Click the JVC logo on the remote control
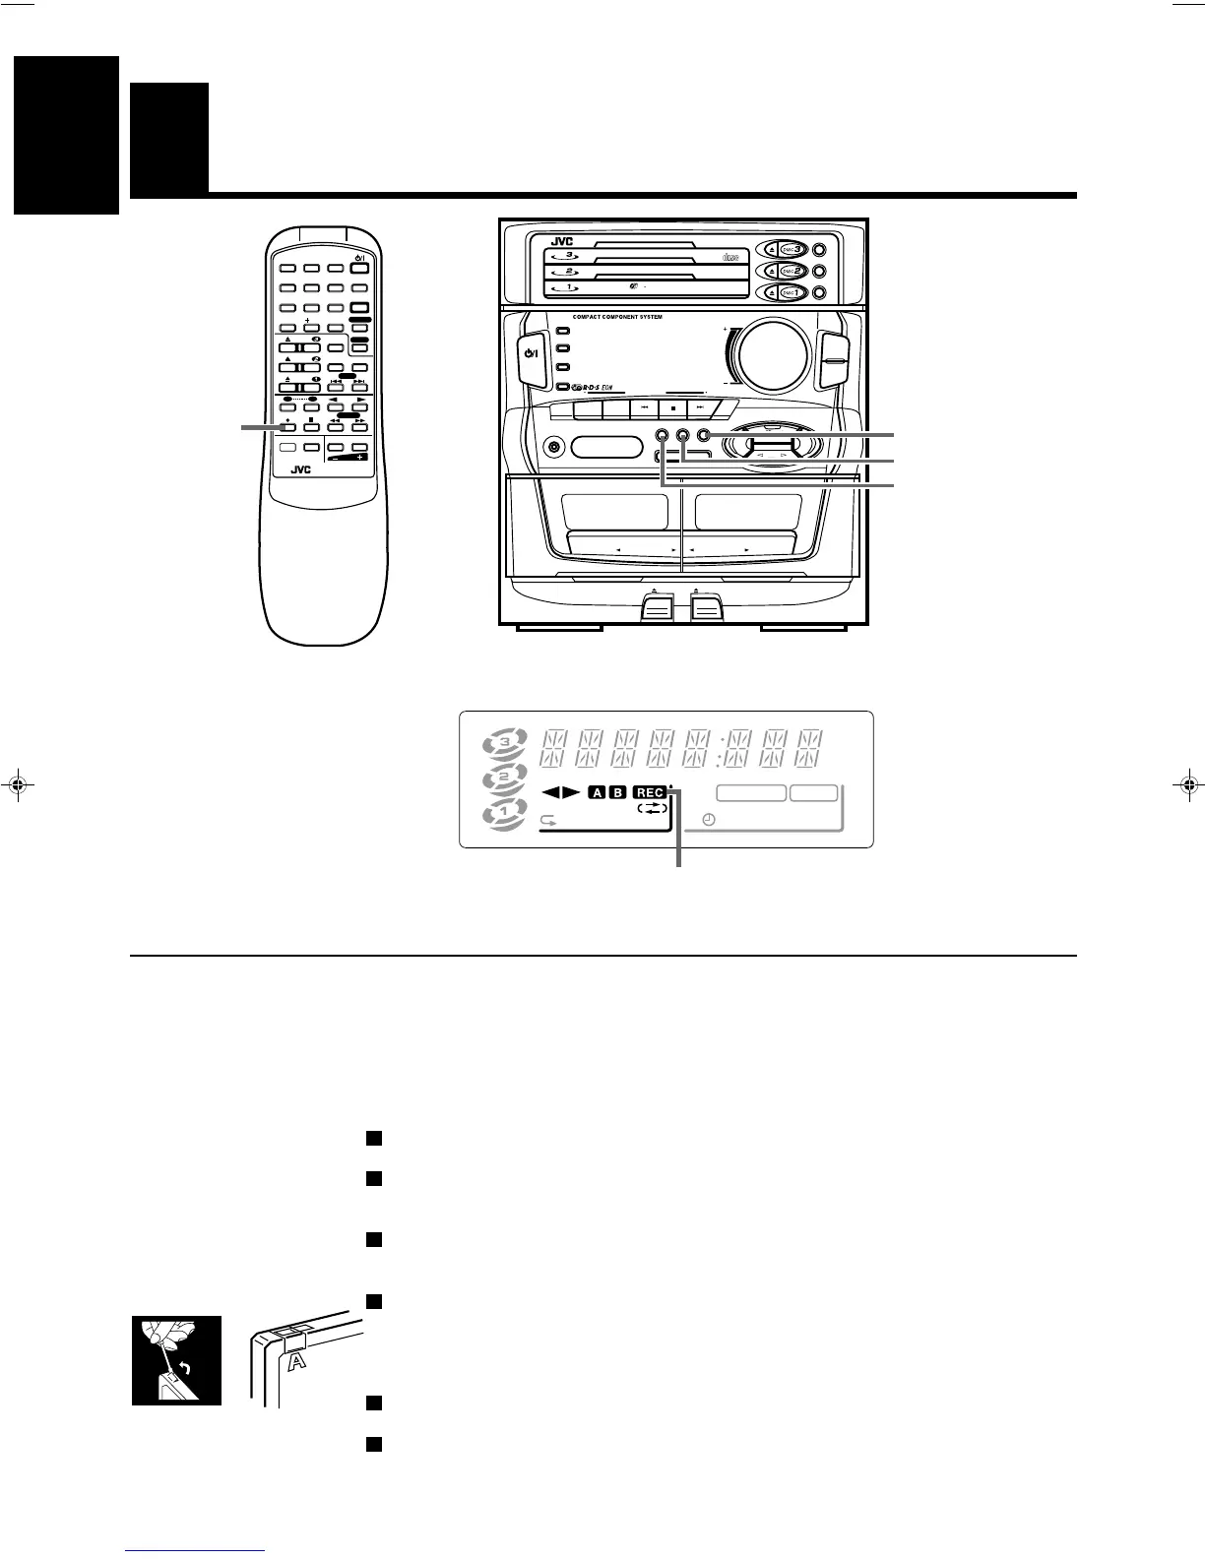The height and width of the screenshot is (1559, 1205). (x=301, y=470)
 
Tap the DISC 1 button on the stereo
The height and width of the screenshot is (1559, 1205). (x=793, y=292)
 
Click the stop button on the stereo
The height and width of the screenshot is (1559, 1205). (x=672, y=406)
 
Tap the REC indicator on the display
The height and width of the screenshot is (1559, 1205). (x=650, y=792)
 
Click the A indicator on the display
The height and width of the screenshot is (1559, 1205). (x=597, y=792)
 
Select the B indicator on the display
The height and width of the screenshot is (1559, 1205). (x=617, y=792)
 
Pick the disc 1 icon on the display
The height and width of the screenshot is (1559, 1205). (x=505, y=817)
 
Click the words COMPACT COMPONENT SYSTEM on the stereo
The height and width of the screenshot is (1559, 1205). (x=617, y=317)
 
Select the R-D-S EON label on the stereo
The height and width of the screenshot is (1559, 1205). (x=599, y=389)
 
